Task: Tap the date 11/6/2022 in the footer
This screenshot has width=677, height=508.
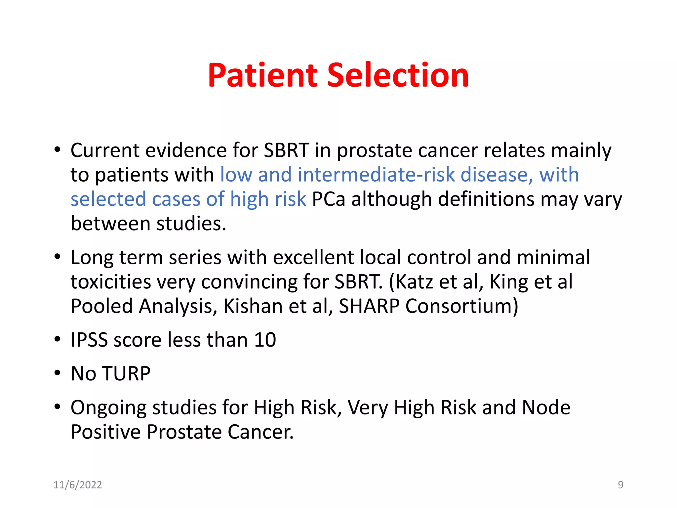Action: pyautogui.click(x=78, y=485)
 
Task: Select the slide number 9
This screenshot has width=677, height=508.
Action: pyautogui.click(x=620, y=485)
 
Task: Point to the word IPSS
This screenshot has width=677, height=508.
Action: pyautogui.click(x=89, y=340)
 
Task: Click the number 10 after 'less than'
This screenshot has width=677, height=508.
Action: pyautogui.click(x=265, y=340)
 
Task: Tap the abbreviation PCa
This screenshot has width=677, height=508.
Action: pyautogui.click(x=328, y=199)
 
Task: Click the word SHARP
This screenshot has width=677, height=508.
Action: pyautogui.click(x=369, y=306)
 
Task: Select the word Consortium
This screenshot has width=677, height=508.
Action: pyautogui.click(x=461, y=306)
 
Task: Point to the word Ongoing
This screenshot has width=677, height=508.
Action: pyautogui.click(x=108, y=408)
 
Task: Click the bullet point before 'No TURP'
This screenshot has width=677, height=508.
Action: pyautogui.click(x=58, y=373)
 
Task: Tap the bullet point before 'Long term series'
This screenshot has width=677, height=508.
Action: pyautogui.click(x=58, y=257)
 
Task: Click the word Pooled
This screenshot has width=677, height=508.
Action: pyautogui.click(x=102, y=306)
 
